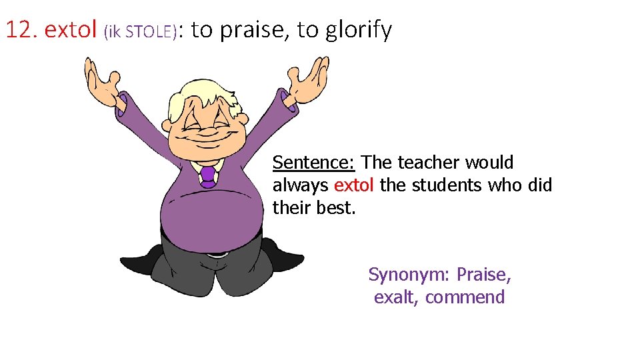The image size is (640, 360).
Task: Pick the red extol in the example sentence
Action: (x=354, y=185)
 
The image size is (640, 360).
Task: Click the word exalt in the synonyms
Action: (x=393, y=297)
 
